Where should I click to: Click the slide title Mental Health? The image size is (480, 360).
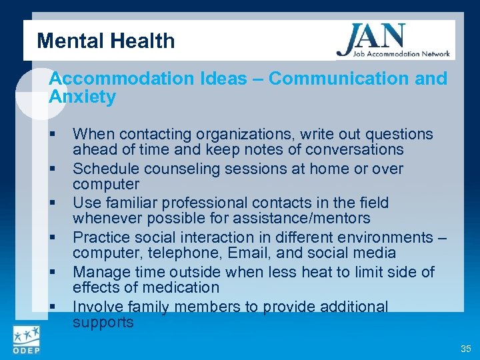tap(106, 41)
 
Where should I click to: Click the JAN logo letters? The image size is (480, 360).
tap(371, 38)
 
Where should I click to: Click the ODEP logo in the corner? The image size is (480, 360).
tap(27, 339)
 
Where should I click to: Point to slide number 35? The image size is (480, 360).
tap(465, 349)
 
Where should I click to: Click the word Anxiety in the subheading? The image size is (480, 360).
tap(83, 97)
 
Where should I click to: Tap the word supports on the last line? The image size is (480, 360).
tap(103, 323)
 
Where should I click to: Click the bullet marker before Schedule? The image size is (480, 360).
tap(52, 169)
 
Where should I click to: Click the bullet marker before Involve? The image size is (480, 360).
tap(52, 307)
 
